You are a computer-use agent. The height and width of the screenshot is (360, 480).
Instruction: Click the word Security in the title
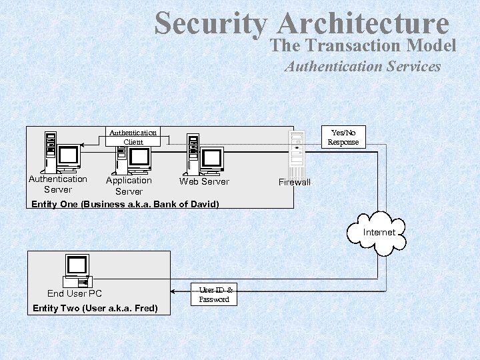(x=210, y=24)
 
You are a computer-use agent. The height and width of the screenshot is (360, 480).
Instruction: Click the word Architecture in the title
(x=363, y=24)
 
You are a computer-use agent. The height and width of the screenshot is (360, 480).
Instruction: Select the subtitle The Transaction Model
(x=363, y=45)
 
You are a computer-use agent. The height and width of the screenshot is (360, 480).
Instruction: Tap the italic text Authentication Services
(x=363, y=66)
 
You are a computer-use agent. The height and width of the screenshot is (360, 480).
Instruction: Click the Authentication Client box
(x=133, y=137)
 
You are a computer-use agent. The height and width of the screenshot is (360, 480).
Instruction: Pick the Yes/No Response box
(x=343, y=137)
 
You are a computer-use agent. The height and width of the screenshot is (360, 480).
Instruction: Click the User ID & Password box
(x=214, y=295)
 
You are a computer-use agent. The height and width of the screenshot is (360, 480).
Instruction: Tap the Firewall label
(x=295, y=182)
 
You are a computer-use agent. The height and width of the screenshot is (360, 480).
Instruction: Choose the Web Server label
(x=204, y=181)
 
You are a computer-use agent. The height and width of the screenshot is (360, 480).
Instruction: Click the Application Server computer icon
(x=132, y=155)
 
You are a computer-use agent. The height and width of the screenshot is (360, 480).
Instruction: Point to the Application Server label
(x=129, y=186)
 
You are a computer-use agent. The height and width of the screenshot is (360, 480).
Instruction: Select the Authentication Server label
(x=58, y=184)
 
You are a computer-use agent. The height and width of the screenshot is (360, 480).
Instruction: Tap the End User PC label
(x=75, y=293)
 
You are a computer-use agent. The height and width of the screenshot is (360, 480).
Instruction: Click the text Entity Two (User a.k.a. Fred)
(x=95, y=308)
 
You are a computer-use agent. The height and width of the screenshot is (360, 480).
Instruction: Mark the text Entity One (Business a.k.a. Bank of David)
(x=125, y=204)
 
